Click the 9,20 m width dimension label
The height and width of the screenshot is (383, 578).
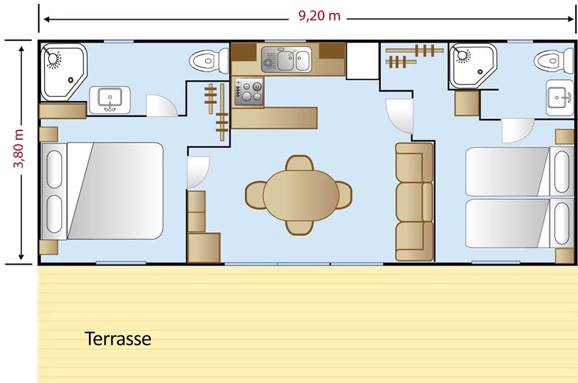[319, 16]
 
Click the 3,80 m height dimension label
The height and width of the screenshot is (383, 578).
[19, 149]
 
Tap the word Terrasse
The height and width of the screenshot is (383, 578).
[118, 338]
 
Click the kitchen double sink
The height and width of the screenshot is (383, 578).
[286, 59]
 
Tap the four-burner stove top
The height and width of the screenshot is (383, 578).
[249, 92]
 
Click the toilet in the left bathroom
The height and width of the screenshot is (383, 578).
[209, 61]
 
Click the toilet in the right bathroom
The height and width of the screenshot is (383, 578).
[554, 61]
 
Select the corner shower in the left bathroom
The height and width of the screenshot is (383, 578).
[64, 71]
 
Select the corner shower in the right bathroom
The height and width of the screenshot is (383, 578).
[473, 66]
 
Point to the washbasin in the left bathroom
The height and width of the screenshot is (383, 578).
[110, 100]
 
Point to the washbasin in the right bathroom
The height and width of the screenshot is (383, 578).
[559, 97]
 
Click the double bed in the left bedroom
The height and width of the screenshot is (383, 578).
[102, 191]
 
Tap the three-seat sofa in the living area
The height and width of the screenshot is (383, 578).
[414, 202]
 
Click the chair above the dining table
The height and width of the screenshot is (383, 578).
[299, 163]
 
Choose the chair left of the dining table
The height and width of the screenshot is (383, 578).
[254, 195]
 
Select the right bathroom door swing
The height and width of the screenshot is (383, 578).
[517, 131]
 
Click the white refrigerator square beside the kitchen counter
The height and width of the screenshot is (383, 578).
[363, 61]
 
